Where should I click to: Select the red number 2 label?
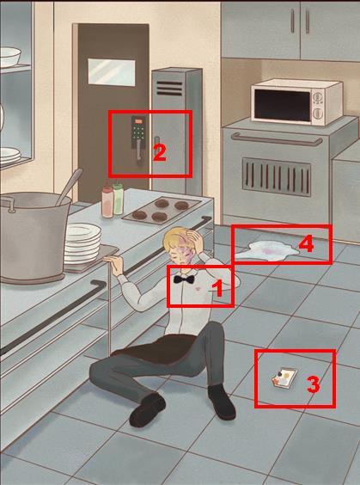click(x=160, y=153)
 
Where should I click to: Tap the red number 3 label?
click(x=313, y=385)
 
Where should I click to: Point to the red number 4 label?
click(x=306, y=243)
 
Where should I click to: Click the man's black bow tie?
click(x=184, y=279)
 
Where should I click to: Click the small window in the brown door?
click(x=112, y=71)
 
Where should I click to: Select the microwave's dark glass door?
click(x=283, y=106)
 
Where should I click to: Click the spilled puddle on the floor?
click(x=267, y=251)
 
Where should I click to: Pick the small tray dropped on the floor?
click(x=284, y=378)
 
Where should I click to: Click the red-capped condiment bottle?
click(x=107, y=202)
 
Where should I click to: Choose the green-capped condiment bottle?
click(x=118, y=199)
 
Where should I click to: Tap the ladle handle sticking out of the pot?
click(x=70, y=186)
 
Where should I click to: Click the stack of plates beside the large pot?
click(x=82, y=242)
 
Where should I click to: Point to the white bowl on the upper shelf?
click(x=10, y=57)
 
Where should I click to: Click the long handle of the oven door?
click(x=277, y=140)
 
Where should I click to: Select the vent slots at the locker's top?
click(x=169, y=89)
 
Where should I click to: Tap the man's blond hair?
click(x=175, y=239)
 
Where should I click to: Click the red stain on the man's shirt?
click(x=197, y=289)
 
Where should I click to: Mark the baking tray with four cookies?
click(x=162, y=210)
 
